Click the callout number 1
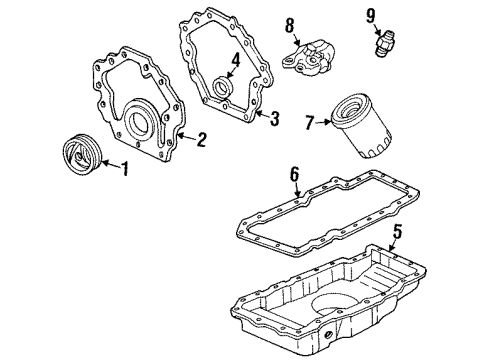[x=125, y=168]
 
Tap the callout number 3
[x=275, y=118]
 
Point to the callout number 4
[x=234, y=59]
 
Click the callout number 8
[x=289, y=22]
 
